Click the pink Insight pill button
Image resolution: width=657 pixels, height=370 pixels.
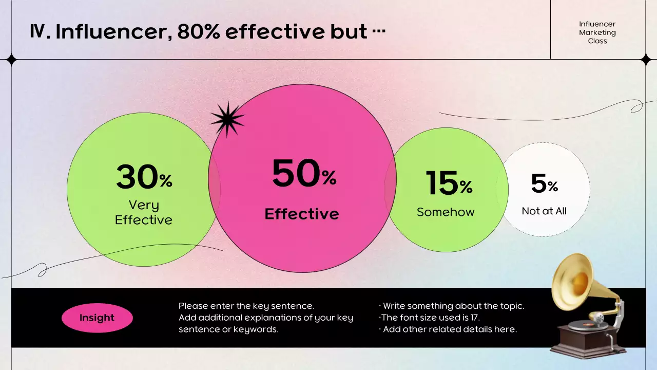point(97,318)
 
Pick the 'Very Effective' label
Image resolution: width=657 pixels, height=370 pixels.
point(144,212)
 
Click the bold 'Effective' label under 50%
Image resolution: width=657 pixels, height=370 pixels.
point(302,214)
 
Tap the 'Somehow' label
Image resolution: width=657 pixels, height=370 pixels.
point(446,212)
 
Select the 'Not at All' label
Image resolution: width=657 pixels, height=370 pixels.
point(544,211)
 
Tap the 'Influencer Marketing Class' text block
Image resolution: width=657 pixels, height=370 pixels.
point(597,32)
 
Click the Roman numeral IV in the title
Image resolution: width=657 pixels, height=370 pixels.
point(39,32)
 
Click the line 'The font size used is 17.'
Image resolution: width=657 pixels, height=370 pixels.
point(430,318)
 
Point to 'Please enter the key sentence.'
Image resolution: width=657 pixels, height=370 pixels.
point(246,306)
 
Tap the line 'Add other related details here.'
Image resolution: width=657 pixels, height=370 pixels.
point(450,329)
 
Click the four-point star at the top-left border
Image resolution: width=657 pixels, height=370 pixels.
point(11,60)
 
